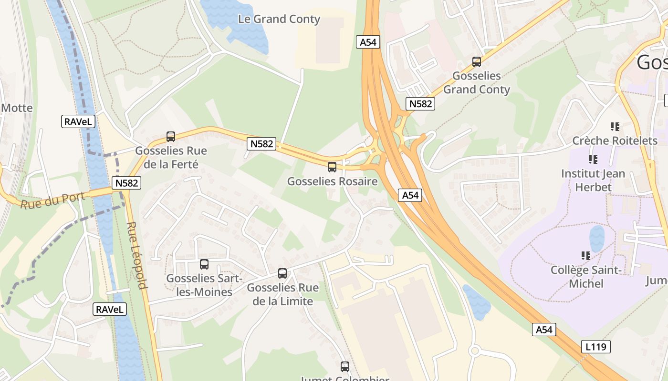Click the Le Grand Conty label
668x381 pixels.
click(x=279, y=19)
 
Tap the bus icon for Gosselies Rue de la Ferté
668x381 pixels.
click(x=171, y=137)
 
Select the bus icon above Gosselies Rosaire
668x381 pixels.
click(x=332, y=167)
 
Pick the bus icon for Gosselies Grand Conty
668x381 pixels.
click(x=476, y=61)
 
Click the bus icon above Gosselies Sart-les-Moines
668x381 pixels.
click(x=204, y=264)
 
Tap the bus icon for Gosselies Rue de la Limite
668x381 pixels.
click(x=282, y=273)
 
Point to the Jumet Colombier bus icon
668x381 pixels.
click(x=345, y=366)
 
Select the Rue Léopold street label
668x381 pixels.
click(x=137, y=255)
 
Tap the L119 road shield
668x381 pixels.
click(x=596, y=347)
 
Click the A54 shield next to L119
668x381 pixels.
click(x=544, y=330)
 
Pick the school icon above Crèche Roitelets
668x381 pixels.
click(x=615, y=127)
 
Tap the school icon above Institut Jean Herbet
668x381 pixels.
click(x=593, y=160)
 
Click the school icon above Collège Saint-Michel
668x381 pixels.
click(x=586, y=256)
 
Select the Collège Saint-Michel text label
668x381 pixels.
click(x=586, y=277)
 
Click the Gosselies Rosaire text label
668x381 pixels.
click(x=332, y=181)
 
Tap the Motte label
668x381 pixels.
click(x=17, y=108)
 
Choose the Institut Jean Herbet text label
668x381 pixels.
click(x=593, y=180)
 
